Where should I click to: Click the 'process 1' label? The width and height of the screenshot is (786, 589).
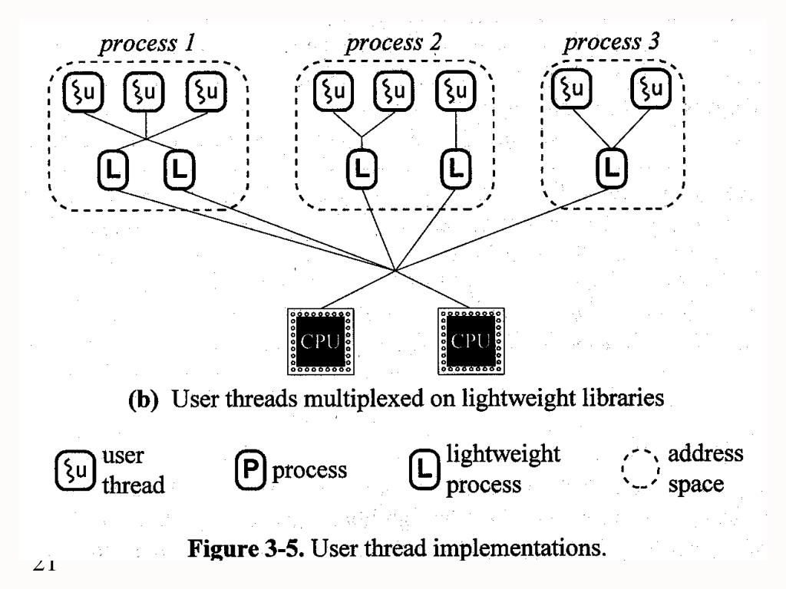(146, 44)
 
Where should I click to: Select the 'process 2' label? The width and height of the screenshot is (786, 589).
(393, 44)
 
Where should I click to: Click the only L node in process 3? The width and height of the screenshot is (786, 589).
(611, 166)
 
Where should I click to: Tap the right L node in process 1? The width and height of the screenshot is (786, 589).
(179, 167)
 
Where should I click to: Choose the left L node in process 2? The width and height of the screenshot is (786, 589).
(362, 167)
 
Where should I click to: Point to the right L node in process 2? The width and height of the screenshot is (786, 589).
(456, 167)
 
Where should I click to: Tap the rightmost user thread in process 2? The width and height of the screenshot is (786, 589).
(456, 92)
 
